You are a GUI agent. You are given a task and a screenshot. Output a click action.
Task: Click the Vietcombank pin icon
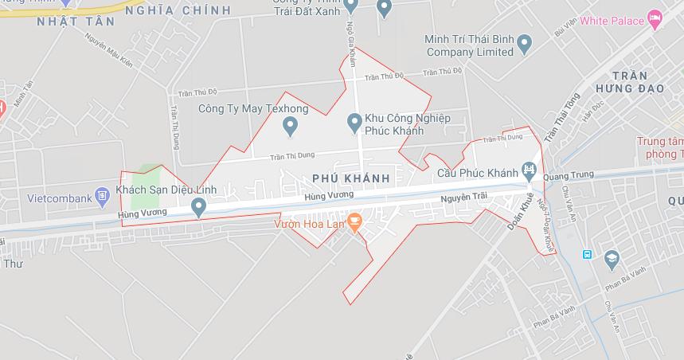101,194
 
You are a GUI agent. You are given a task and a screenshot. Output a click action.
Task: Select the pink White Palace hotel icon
655,18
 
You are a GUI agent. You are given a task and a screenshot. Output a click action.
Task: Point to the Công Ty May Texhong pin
290,125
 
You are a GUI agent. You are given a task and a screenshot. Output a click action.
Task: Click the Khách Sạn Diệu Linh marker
199,207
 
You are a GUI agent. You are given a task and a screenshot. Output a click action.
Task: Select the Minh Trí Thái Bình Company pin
524,44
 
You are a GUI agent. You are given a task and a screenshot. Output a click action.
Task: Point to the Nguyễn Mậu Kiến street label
109,52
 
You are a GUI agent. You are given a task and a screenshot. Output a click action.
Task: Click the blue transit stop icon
587,254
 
